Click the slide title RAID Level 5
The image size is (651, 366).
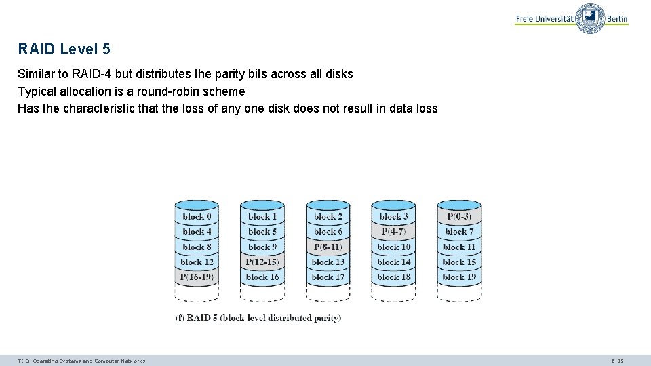64,49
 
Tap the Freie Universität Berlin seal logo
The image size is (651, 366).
590,19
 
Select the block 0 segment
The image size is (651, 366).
197,217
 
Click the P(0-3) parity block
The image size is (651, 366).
459,217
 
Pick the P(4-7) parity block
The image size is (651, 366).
393,232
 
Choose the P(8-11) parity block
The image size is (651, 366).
328,247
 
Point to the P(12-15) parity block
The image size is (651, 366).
262,262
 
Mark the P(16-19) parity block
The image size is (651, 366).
197,277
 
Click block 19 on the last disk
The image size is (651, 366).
459,277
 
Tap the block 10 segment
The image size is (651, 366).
393,247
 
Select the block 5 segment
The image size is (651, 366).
262,232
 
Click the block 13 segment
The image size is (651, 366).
328,262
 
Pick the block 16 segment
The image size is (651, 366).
262,277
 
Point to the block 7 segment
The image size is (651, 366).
459,232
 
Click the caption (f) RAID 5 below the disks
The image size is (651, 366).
258,317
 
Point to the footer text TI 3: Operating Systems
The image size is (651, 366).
81,361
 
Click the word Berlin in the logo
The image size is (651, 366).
617,19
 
